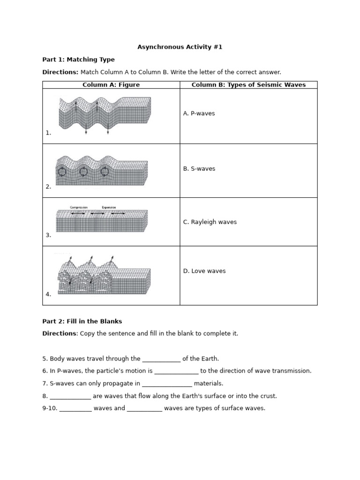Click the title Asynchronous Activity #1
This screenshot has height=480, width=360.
(x=180, y=47)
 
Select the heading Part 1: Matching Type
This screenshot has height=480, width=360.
(x=78, y=60)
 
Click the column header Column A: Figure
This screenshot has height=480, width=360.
(x=111, y=85)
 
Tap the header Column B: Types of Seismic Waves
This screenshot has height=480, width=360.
(x=248, y=85)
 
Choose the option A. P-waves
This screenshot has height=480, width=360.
(x=199, y=113)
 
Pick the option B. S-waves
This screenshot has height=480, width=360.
(x=199, y=169)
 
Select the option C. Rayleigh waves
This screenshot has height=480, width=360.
(x=210, y=222)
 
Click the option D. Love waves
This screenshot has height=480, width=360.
(x=204, y=271)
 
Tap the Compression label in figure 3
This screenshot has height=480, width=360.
(x=79, y=207)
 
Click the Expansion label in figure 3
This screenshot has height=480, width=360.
(x=109, y=207)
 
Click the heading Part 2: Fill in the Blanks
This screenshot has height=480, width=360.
(x=82, y=321)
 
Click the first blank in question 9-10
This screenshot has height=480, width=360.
(x=75, y=409)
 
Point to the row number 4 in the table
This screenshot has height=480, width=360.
(x=48, y=294)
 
